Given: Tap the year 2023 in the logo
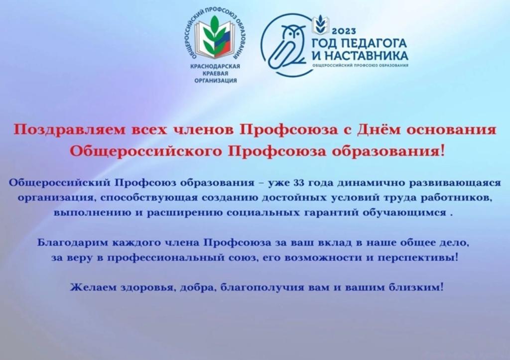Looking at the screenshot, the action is [x=344, y=31].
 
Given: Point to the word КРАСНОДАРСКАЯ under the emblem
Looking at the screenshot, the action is [x=215, y=66].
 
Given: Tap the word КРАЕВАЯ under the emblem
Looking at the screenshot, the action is [x=215, y=74].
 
